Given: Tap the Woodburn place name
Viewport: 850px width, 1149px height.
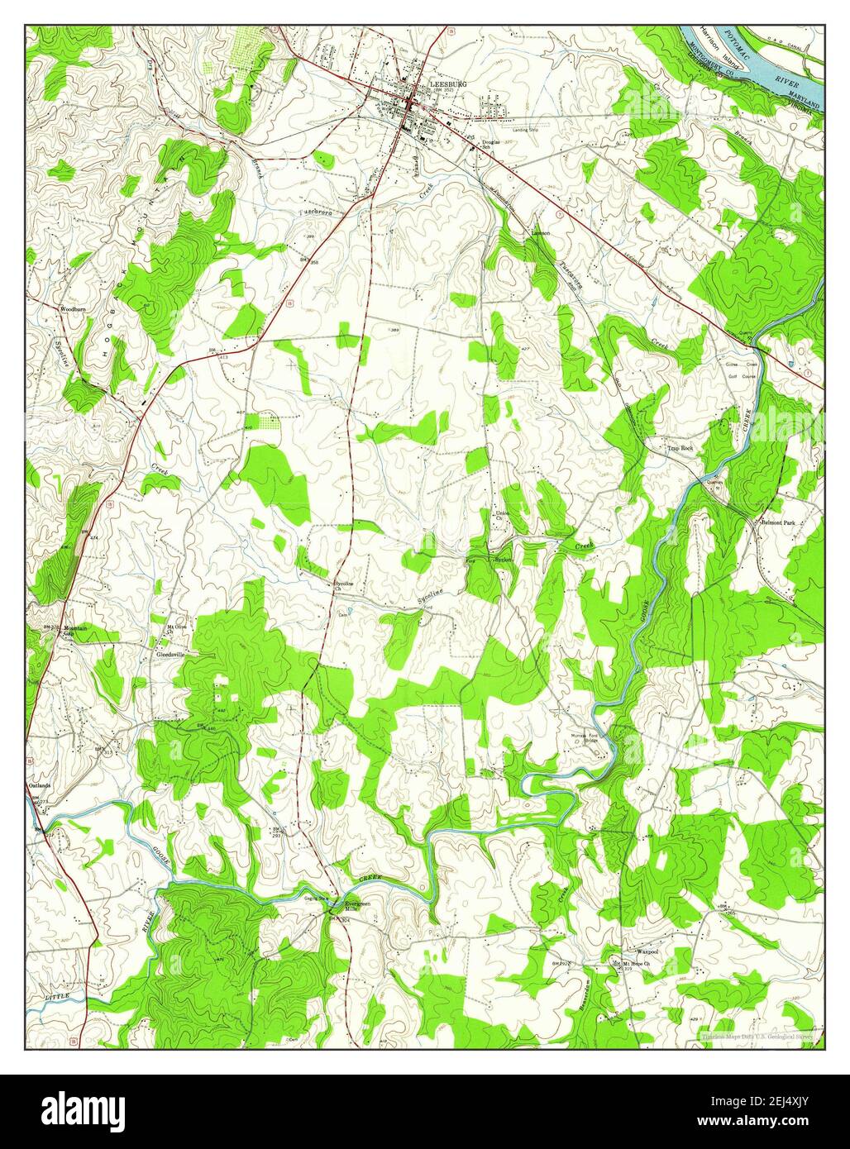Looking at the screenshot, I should (x=73, y=309).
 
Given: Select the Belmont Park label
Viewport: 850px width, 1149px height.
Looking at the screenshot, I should (x=777, y=523).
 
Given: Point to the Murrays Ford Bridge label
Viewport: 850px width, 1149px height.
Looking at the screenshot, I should (x=584, y=737).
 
